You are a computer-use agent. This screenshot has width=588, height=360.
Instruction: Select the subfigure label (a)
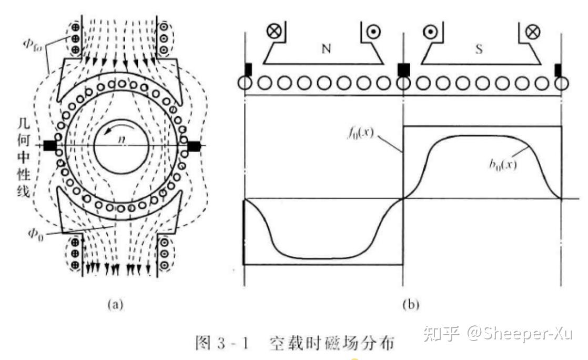[115, 304]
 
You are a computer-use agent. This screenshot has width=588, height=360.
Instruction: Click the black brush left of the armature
[50, 146]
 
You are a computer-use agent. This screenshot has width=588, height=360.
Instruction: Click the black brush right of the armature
[193, 146]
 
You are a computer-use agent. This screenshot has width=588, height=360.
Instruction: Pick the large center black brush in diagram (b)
[403, 69]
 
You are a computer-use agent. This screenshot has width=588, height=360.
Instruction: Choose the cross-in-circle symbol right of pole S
[532, 31]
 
